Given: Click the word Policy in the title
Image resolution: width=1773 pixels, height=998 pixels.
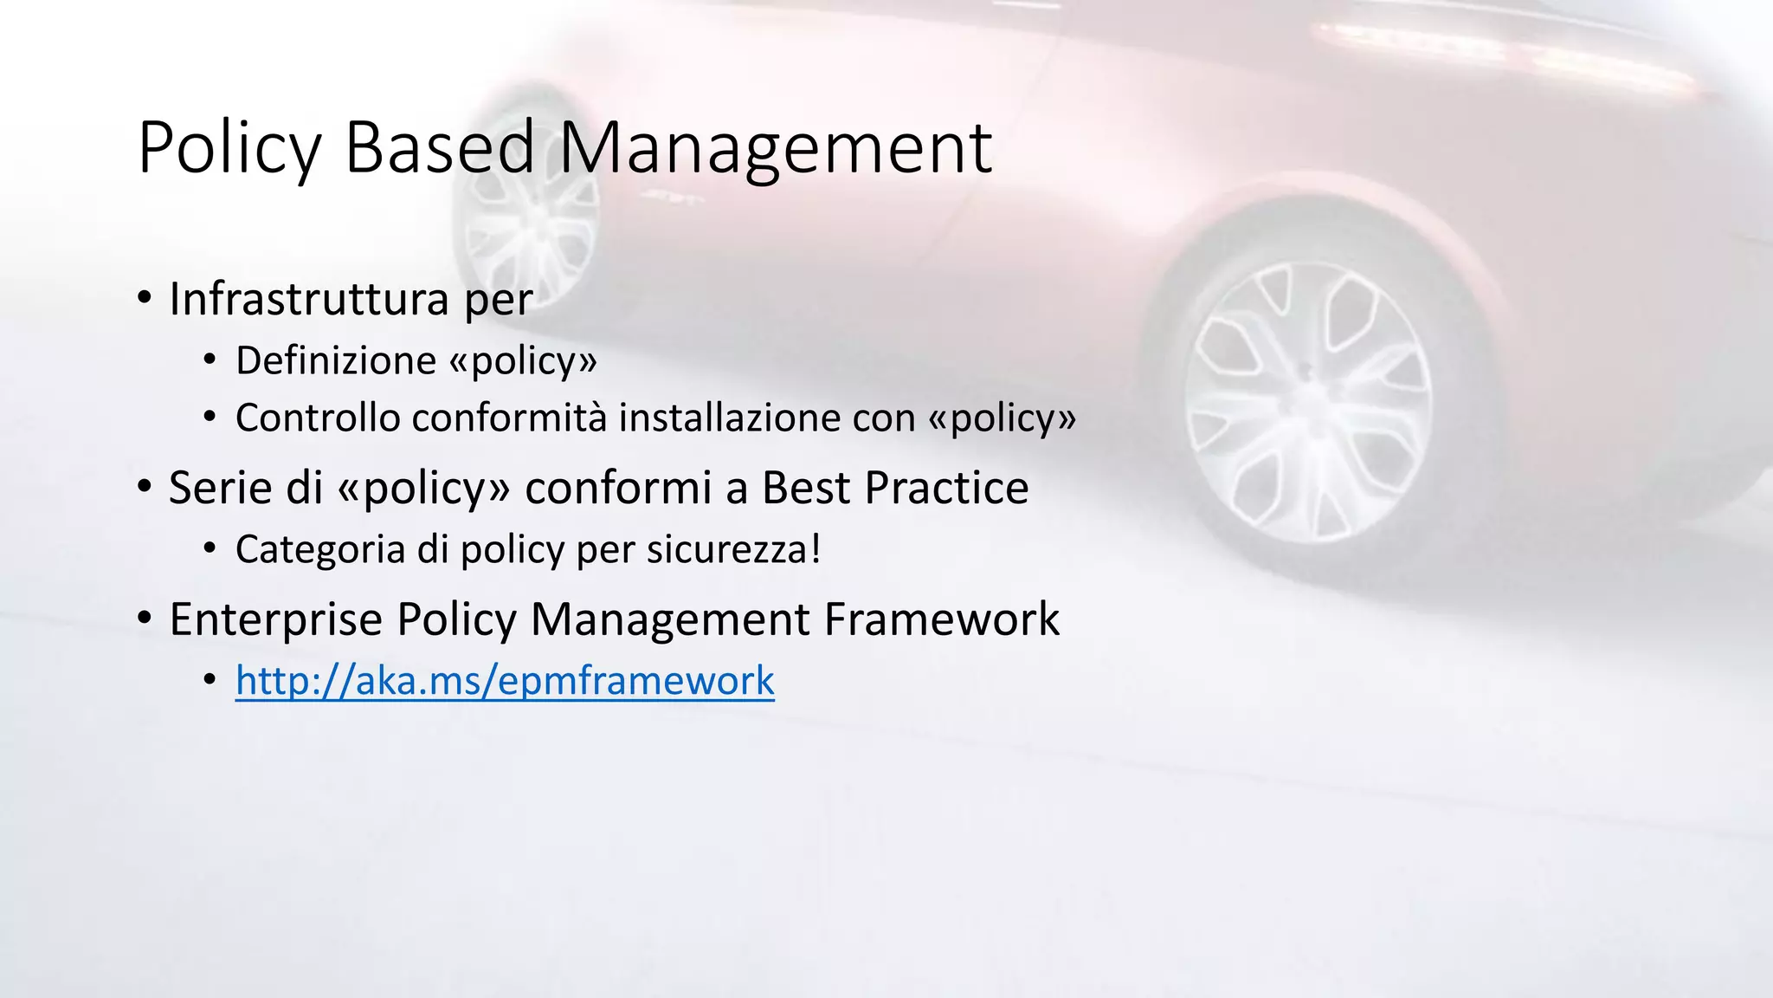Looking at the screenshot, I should [229, 149].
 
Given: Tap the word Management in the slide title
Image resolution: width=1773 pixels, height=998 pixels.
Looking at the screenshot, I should [775, 149].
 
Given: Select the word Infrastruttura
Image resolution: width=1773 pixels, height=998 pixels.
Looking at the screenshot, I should [309, 300].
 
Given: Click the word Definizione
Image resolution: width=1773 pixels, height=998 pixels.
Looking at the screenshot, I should [336, 361].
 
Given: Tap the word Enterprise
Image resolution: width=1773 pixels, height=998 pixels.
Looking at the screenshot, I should [275, 619].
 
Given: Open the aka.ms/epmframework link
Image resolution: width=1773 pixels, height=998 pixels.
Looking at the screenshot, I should [505, 681].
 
